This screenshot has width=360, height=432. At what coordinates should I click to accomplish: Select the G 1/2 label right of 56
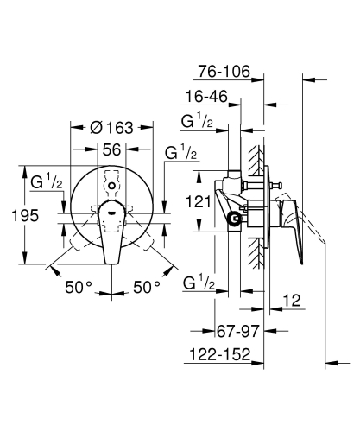pos(180,153)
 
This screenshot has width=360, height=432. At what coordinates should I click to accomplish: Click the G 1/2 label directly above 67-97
pos(199,282)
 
